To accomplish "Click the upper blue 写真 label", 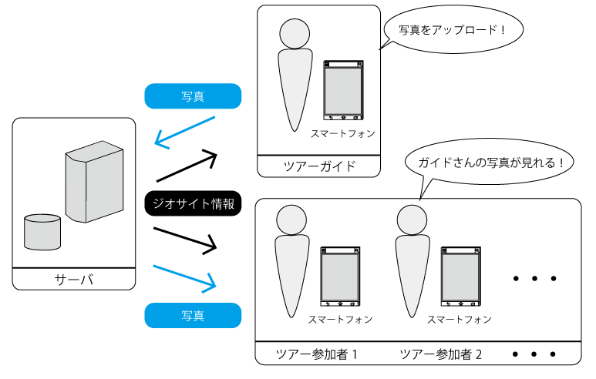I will [193, 96].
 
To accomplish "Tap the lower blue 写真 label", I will [193, 315].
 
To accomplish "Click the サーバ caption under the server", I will [74, 278].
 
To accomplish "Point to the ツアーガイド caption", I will [319, 166].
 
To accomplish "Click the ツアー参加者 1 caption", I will [316, 354].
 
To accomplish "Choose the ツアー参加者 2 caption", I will [441, 354].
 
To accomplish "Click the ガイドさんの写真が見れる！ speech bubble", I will [491, 163].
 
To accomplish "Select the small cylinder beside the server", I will [42, 232].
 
